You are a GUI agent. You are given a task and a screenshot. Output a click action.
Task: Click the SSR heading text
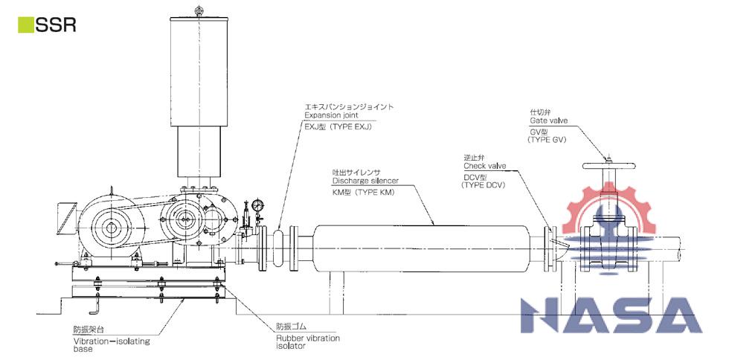pyautogui.click(x=56, y=25)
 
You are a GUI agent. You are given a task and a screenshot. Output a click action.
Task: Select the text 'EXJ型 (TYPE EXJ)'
pyautogui.click(x=338, y=127)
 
